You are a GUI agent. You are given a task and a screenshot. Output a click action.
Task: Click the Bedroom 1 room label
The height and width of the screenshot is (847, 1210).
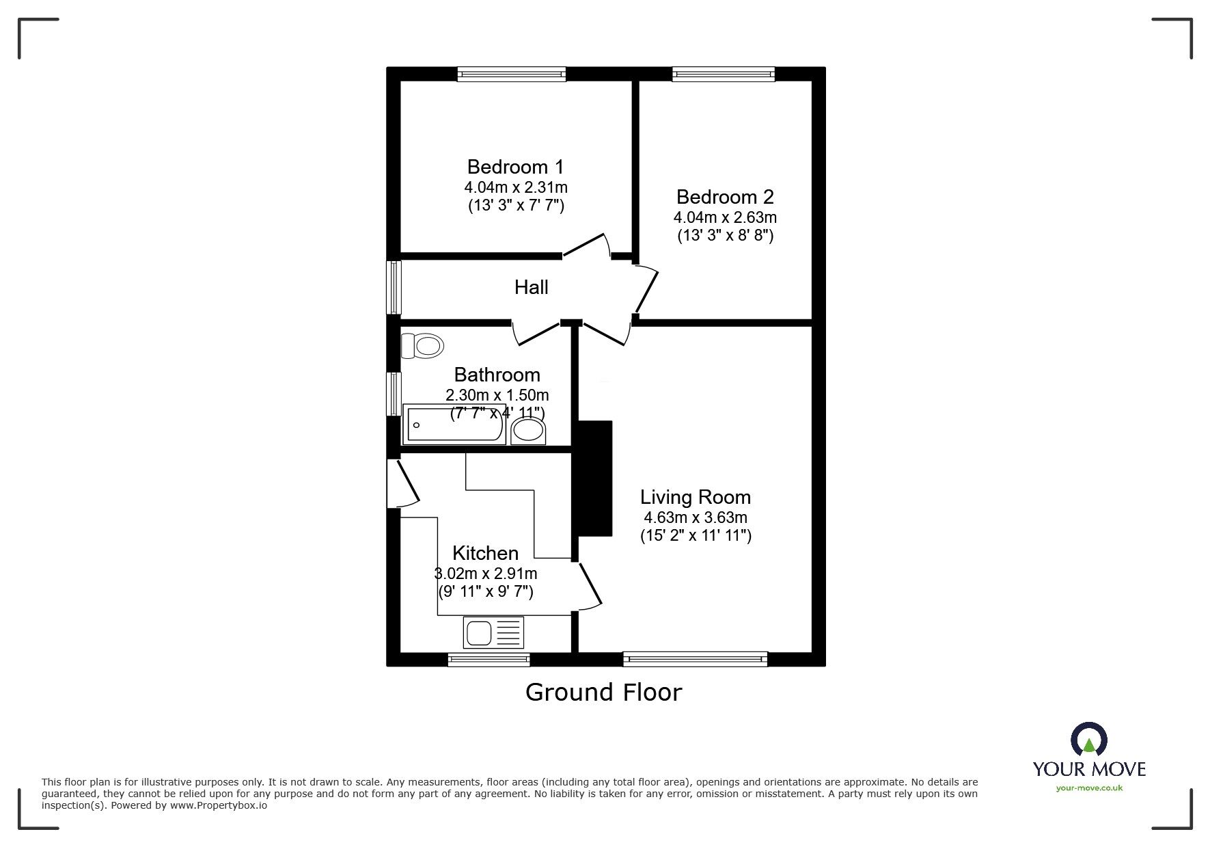(516, 167)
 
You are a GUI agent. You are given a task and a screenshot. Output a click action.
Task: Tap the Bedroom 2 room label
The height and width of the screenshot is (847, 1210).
(725, 197)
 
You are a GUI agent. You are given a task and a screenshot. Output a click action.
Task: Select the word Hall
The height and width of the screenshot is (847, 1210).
(531, 287)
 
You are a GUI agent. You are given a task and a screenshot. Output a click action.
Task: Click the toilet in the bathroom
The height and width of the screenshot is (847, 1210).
(422, 345)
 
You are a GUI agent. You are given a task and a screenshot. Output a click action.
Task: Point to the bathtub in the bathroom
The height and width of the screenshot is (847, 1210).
(455, 425)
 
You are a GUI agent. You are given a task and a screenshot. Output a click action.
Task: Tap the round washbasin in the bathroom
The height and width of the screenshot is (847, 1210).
(529, 431)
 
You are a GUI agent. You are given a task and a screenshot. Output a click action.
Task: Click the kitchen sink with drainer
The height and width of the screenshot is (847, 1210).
(493, 632)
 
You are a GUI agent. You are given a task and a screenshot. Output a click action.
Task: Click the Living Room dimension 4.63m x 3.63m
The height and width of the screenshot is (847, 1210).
(695, 517)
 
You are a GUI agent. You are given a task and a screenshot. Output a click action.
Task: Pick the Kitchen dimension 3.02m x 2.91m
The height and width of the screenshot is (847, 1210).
(486, 574)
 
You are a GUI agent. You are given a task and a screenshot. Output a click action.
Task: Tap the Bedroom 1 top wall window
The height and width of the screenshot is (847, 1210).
(512, 74)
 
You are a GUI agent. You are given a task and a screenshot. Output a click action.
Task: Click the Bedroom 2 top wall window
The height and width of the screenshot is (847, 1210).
(724, 74)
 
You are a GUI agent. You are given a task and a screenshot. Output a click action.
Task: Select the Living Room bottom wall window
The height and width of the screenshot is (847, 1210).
(695, 659)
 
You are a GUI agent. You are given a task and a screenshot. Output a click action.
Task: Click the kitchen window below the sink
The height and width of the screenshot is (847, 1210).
(489, 659)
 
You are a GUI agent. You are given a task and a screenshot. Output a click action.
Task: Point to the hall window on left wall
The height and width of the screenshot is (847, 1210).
(394, 287)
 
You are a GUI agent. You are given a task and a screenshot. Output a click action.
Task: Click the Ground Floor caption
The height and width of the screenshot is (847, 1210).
(603, 692)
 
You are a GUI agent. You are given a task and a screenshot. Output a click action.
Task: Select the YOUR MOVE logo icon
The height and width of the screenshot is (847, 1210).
(1088, 740)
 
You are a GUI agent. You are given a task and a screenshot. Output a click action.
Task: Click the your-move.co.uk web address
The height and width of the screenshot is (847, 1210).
(1089, 788)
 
